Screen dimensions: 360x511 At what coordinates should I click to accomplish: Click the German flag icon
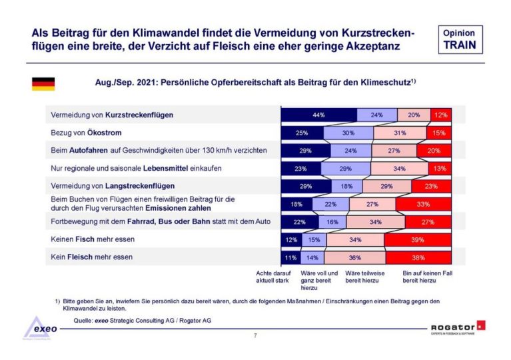[43, 83]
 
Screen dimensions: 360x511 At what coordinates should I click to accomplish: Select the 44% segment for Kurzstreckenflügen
[318, 115]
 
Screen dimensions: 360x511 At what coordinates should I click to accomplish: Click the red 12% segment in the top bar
[441, 115]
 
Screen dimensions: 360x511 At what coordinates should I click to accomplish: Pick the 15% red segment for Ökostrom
[439, 133]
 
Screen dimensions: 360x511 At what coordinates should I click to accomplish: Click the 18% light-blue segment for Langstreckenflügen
[346, 186]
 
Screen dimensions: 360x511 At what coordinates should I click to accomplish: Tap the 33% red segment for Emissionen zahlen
[423, 204]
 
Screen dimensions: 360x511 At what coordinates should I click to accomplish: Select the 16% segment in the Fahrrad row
[332, 221]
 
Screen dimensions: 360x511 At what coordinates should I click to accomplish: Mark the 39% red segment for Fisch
[418, 239]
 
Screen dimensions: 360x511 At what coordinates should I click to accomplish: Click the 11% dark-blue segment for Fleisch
[290, 257]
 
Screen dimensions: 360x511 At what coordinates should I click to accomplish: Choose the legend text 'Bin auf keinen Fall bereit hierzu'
[426, 277]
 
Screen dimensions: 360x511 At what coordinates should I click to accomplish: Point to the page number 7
[255, 335]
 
